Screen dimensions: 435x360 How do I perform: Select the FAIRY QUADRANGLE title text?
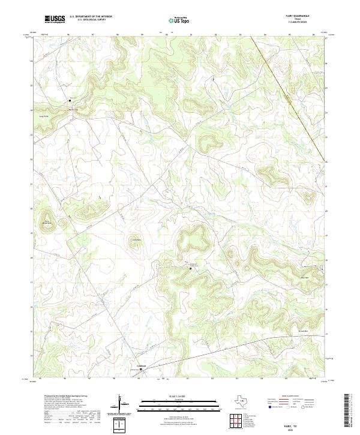[301, 16]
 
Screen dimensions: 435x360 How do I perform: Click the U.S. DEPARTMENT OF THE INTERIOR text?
[91, 16]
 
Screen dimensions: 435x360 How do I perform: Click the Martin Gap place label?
[73, 109]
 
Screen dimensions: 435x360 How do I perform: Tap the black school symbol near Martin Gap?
[70, 101]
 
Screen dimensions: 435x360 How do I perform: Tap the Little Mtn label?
[136, 241]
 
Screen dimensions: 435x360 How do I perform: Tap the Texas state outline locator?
[240, 401]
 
